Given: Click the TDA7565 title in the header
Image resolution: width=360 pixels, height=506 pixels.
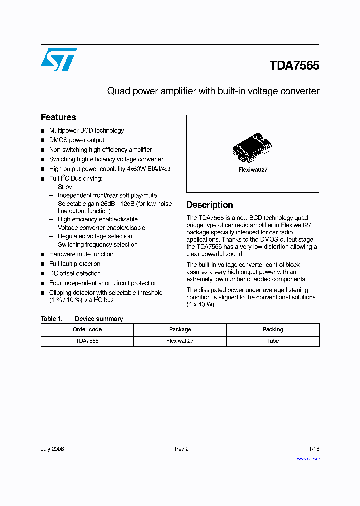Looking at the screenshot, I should tap(294, 66).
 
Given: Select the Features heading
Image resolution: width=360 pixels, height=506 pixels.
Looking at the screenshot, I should tap(58, 117).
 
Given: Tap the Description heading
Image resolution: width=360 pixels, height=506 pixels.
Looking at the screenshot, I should tap(210, 205).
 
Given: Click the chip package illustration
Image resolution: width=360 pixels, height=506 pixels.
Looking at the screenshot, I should tap(253, 148).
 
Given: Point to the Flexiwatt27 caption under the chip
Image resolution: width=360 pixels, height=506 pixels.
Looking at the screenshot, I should tap(253, 170).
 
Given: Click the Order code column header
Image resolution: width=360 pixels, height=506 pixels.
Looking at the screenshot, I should tap(87, 329).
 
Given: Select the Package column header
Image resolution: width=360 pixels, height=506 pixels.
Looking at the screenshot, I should tap(180, 329).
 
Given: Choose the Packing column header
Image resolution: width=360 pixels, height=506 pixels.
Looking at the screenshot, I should tap(273, 329).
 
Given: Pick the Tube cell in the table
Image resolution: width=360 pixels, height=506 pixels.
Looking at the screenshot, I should tap(273, 341).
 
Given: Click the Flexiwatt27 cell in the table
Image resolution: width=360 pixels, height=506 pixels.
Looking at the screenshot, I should tap(180, 341).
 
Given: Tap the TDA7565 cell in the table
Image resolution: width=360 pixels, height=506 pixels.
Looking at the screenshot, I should tap(87, 341).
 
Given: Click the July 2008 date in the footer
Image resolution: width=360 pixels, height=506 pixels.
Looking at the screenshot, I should tap(52, 449).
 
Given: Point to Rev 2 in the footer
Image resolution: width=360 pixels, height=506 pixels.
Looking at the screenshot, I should tap(181, 449).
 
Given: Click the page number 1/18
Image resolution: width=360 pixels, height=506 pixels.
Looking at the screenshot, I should tap(314, 449).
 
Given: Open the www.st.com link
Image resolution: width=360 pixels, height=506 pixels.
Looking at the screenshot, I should tap(308, 458).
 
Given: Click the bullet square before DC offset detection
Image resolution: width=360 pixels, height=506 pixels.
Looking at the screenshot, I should tap(43, 274).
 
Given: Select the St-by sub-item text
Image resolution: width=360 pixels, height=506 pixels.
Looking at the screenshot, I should tap(65, 187).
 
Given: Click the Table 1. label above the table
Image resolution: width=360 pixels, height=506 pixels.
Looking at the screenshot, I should tap(51, 319).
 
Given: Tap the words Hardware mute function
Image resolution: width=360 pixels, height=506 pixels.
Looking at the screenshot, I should tap(81, 254).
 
